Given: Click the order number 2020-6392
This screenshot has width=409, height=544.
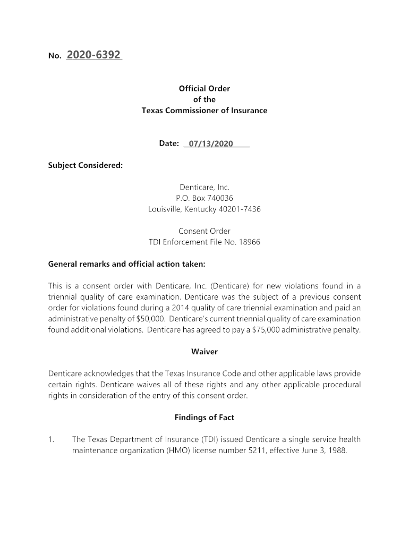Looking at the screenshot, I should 94,55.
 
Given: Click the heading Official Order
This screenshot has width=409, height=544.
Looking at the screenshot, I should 204,89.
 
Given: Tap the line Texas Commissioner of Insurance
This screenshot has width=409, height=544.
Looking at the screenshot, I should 204,110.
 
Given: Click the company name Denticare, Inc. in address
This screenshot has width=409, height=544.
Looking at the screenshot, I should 204,187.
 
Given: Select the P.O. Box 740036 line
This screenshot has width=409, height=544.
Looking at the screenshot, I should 204,198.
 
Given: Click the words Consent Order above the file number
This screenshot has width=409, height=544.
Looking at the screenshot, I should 204,231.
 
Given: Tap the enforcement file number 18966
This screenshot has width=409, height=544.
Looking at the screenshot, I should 250,242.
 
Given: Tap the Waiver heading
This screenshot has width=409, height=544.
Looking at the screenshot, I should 204,352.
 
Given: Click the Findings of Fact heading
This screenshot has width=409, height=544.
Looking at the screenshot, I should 204,418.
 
